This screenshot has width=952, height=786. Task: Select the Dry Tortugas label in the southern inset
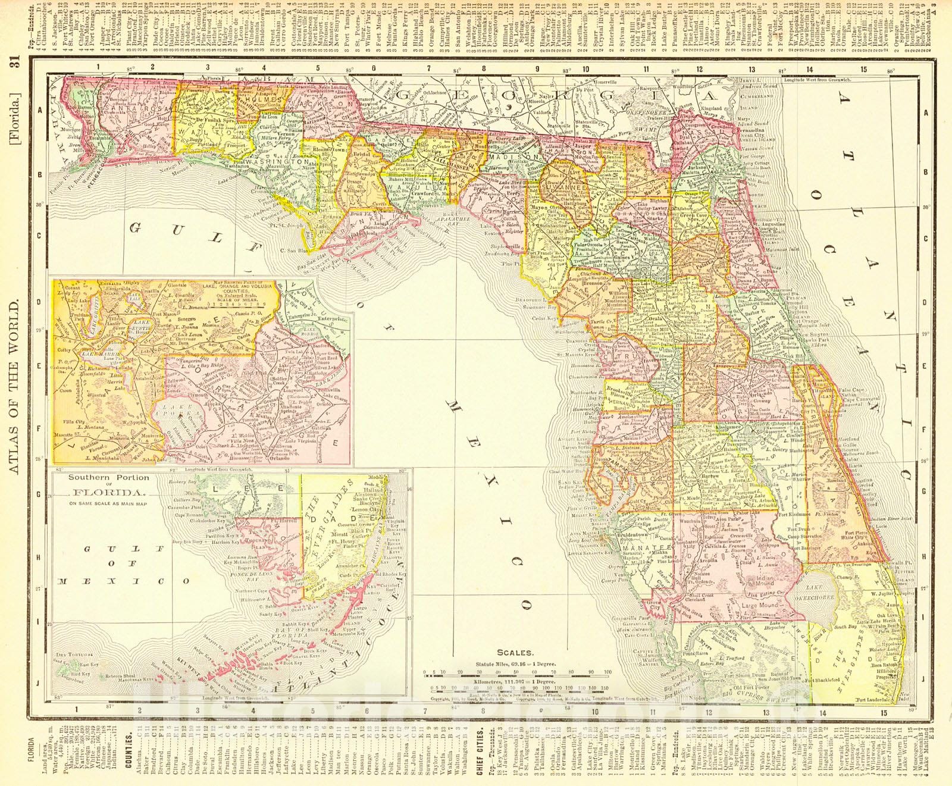(67, 655)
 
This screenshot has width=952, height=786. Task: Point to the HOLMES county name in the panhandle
(254, 109)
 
